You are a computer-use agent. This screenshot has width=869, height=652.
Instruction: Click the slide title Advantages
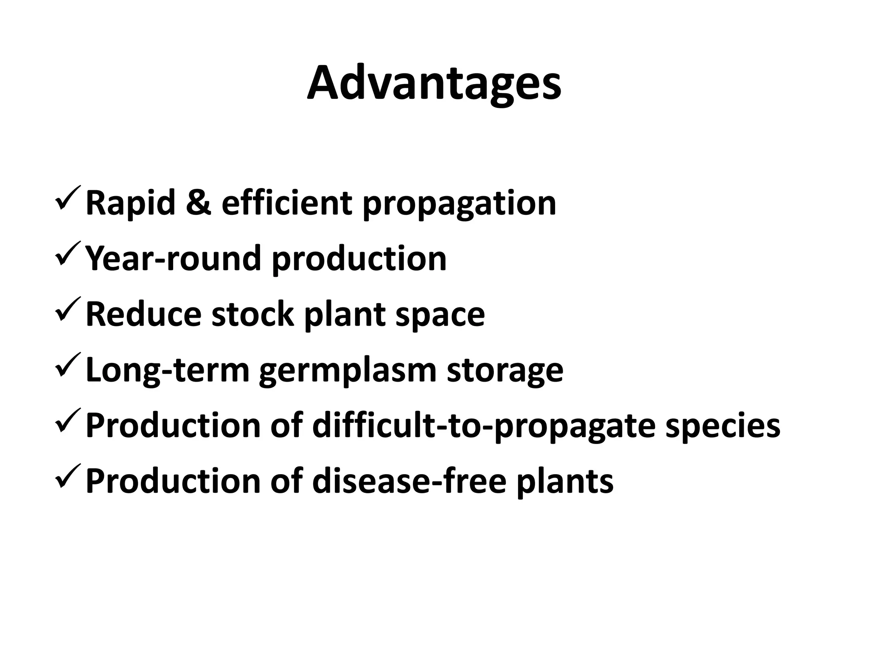click(434, 84)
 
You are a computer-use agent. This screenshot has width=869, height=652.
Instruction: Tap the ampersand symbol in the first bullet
click(198, 203)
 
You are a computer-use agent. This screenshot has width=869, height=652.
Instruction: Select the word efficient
click(286, 203)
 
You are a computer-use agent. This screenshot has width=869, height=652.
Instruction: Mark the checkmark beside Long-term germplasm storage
click(68, 365)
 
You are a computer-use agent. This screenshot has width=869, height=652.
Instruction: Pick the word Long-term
click(167, 370)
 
